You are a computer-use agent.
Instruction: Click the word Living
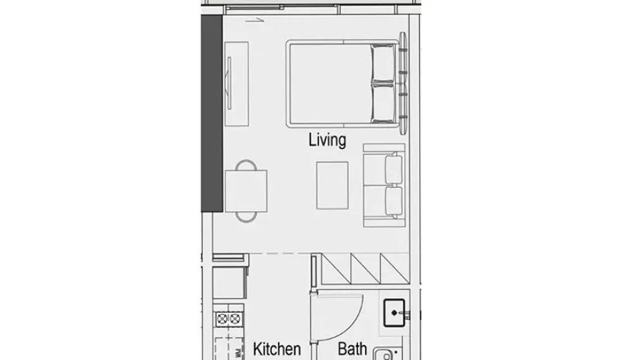(327, 139)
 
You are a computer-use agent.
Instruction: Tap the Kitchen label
(277, 349)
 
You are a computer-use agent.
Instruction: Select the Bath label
(351, 349)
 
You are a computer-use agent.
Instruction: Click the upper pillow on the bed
(383, 64)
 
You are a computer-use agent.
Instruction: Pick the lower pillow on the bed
(383, 103)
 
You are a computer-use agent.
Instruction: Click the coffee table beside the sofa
(332, 186)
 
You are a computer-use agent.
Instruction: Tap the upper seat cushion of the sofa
(392, 169)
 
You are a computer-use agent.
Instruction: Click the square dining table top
(246, 191)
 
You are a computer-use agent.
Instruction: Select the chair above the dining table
(246, 166)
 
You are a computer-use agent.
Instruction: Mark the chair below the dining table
(246, 216)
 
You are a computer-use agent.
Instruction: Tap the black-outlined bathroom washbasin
(393, 311)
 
